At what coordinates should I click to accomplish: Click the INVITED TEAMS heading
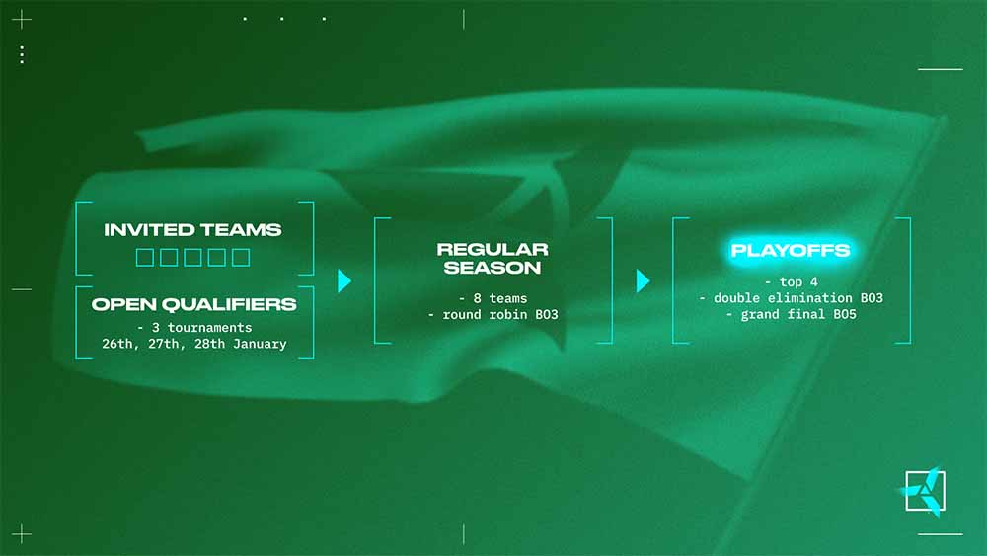click(x=192, y=230)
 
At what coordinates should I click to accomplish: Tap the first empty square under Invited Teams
click(x=145, y=257)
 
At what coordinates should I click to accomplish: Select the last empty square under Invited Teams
click(x=241, y=257)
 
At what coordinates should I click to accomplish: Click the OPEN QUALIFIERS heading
click(x=193, y=305)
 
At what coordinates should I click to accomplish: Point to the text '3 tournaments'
click(x=202, y=328)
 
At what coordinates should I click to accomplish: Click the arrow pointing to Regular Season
click(x=344, y=280)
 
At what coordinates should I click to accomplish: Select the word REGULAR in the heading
click(x=493, y=249)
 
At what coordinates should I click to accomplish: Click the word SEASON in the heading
click(x=493, y=268)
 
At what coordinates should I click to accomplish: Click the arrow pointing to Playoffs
click(x=643, y=280)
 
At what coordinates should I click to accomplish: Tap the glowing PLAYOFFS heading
click(x=791, y=251)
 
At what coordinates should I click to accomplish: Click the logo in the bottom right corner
click(x=924, y=491)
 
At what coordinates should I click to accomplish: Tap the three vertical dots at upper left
click(x=22, y=54)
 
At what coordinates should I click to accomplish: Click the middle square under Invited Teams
click(x=192, y=257)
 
